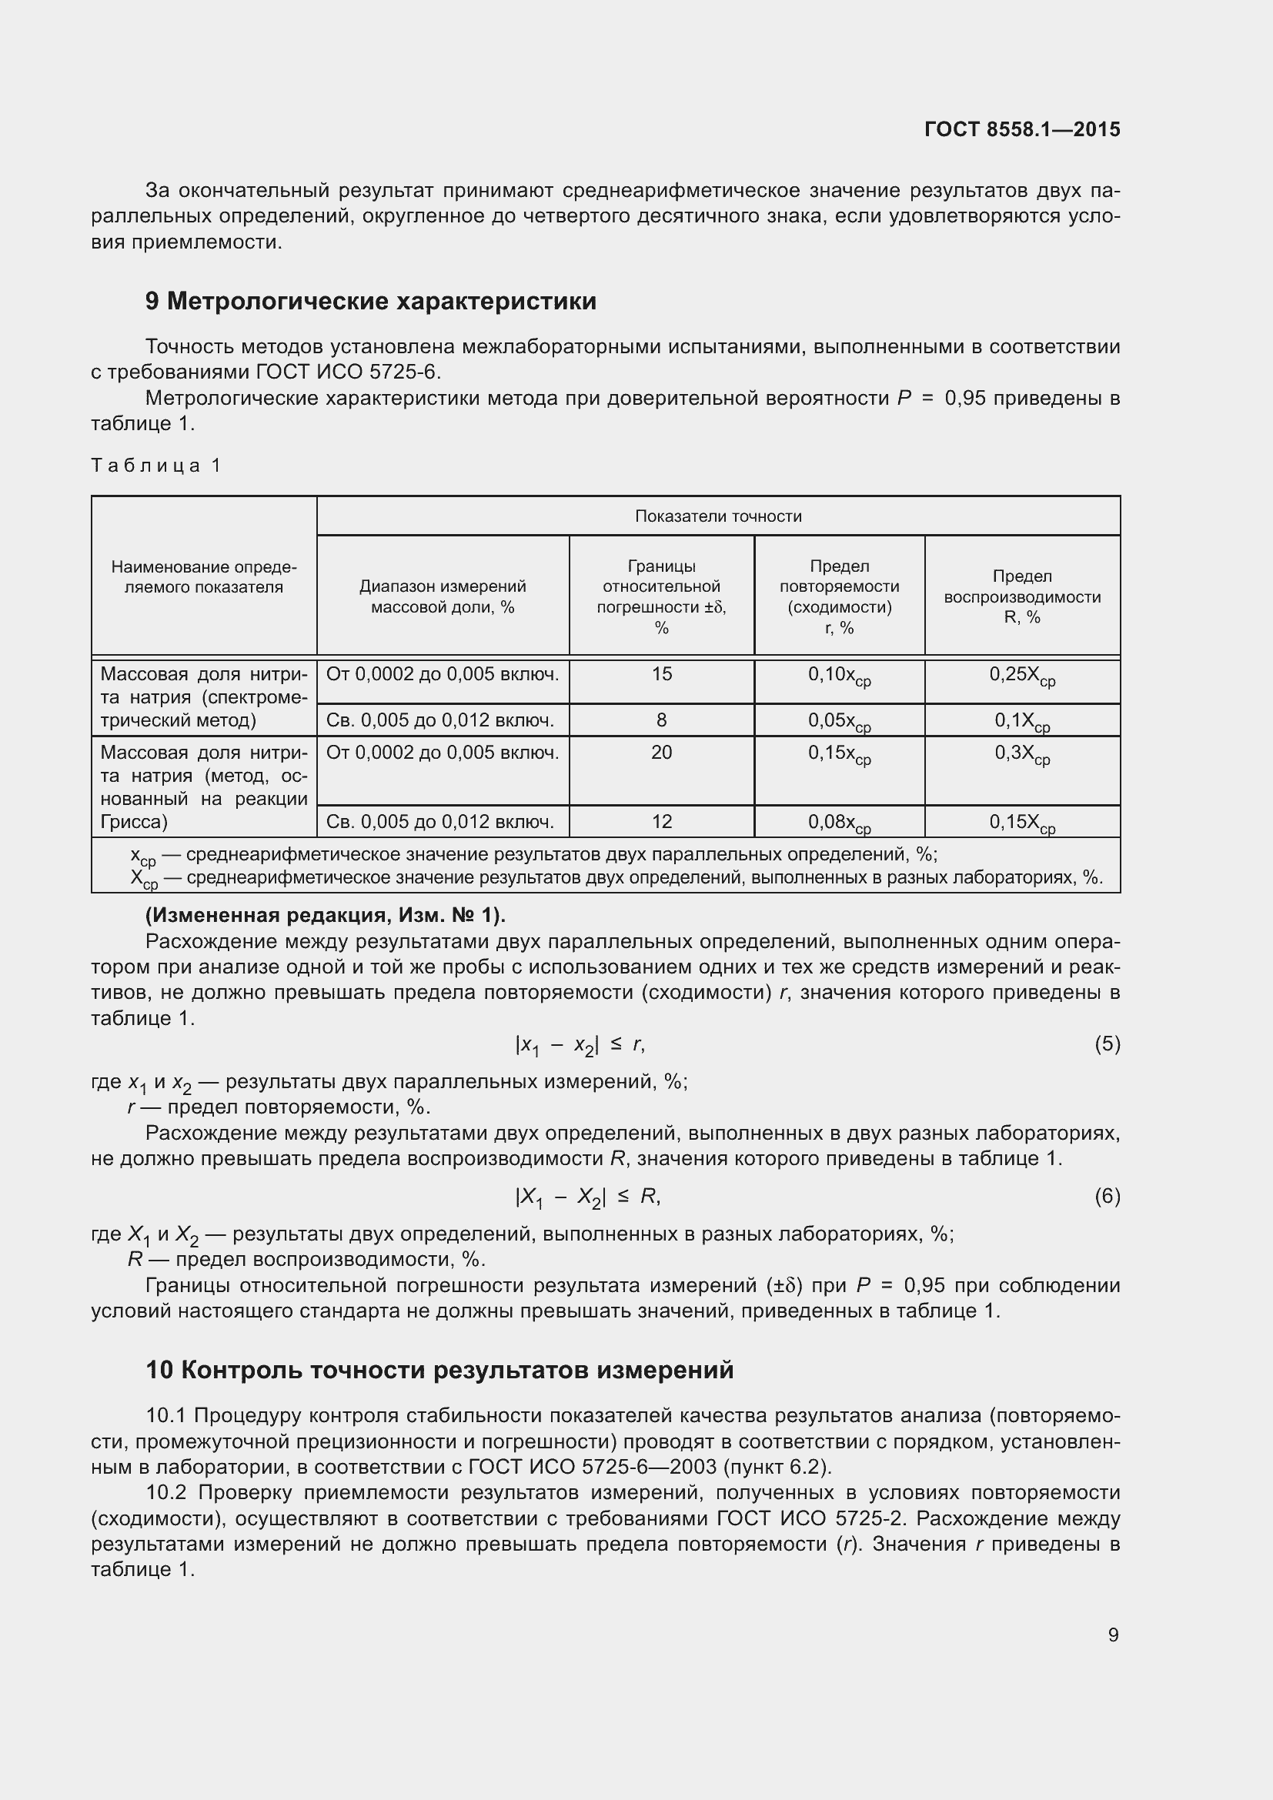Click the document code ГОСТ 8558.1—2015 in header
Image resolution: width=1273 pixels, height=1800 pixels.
(1021, 129)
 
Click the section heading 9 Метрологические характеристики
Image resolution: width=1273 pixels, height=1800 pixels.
(370, 301)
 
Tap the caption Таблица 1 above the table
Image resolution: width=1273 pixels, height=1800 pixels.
(156, 466)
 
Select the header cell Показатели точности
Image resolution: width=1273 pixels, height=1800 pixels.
(717, 516)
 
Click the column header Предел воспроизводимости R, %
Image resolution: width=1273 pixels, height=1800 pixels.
(1021, 596)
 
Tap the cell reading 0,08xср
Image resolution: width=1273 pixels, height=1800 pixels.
(839, 823)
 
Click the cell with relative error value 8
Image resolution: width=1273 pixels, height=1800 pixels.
(661, 720)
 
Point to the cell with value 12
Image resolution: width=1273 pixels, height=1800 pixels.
(661, 822)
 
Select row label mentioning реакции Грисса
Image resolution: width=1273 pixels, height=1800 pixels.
(204, 787)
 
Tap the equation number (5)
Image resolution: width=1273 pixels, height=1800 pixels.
(1107, 1044)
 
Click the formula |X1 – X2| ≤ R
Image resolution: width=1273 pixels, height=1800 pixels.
(587, 1197)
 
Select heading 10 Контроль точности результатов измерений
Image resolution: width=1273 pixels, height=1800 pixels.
(439, 1370)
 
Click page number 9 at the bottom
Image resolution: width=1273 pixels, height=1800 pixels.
(1113, 1635)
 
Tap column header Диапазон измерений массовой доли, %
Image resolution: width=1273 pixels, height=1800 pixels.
(442, 596)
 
